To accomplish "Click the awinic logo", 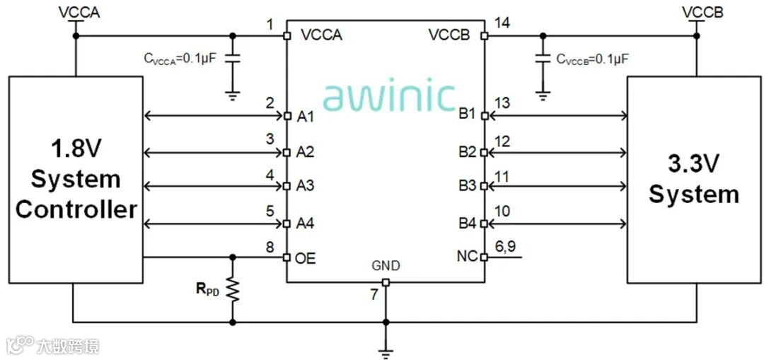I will click(389, 96).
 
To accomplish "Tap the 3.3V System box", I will click(693, 180).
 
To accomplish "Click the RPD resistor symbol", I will click(232, 289).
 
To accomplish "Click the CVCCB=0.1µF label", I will click(592, 59).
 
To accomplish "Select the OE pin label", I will click(306, 258).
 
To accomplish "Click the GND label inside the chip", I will click(386, 266).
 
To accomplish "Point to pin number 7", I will click(374, 295).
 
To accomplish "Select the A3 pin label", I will click(305, 187).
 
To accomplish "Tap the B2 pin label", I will click(468, 152).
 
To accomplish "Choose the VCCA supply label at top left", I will click(79, 12).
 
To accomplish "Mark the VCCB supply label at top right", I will click(702, 12).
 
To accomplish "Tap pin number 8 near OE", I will click(270, 247).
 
